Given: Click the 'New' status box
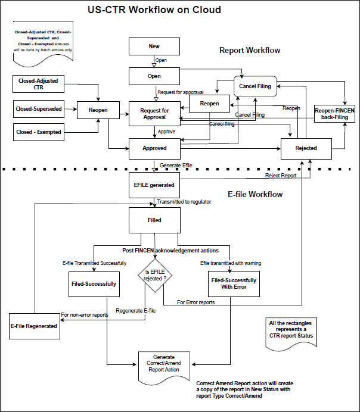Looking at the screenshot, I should pyautogui.click(x=154, y=46).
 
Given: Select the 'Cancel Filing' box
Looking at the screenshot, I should pyautogui.click(x=255, y=86).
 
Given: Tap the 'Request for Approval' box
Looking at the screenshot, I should pyautogui.click(x=154, y=113).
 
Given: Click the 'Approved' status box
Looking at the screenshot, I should pyautogui.click(x=154, y=148).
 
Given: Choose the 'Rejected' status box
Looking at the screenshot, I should pyautogui.click(x=306, y=148).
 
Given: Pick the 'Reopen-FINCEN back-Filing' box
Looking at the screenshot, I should pyautogui.click(x=334, y=114).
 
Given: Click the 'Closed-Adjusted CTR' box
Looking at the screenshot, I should pyautogui.click(x=38, y=84).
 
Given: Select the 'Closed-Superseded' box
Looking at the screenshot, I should pyautogui.click(x=38, y=108).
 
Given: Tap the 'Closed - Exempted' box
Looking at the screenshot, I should pyautogui.click(x=38, y=132).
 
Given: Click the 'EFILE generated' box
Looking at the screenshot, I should pyautogui.click(x=154, y=185).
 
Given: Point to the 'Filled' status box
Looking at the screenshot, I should pyautogui.click(x=154, y=220).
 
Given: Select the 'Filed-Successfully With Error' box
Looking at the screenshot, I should pyautogui.click(x=233, y=283).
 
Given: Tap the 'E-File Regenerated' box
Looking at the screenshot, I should pyautogui.click(x=34, y=326).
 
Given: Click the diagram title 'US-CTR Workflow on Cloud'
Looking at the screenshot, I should pyautogui.click(x=154, y=10).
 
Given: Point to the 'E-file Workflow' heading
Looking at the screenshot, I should pyautogui.click(x=255, y=194).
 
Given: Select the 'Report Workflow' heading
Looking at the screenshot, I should pyautogui.click(x=250, y=51).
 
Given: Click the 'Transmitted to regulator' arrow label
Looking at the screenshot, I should pyautogui.click(x=184, y=202).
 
